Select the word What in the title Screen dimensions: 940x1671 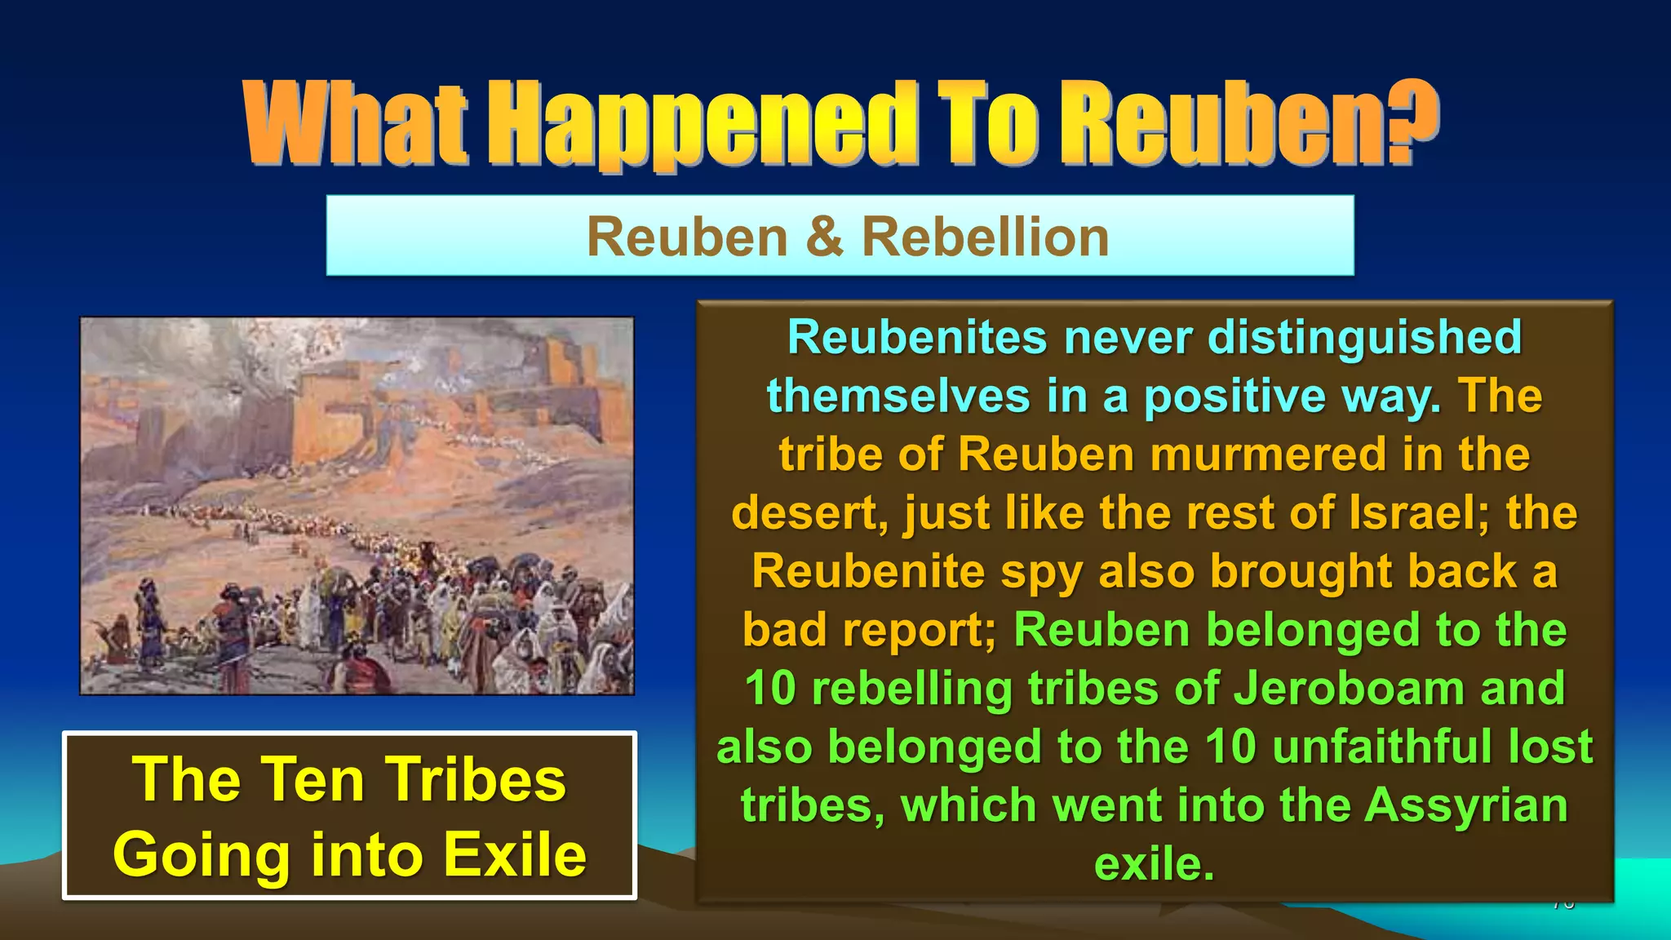click(356, 124)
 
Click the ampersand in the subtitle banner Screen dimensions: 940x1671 click(824, 237)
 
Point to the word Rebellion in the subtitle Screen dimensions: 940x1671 click(986, 237)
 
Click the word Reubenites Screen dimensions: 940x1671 click(917, 337)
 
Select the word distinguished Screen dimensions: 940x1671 click(1364, 337)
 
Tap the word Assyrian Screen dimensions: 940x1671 click(1466, 806)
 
